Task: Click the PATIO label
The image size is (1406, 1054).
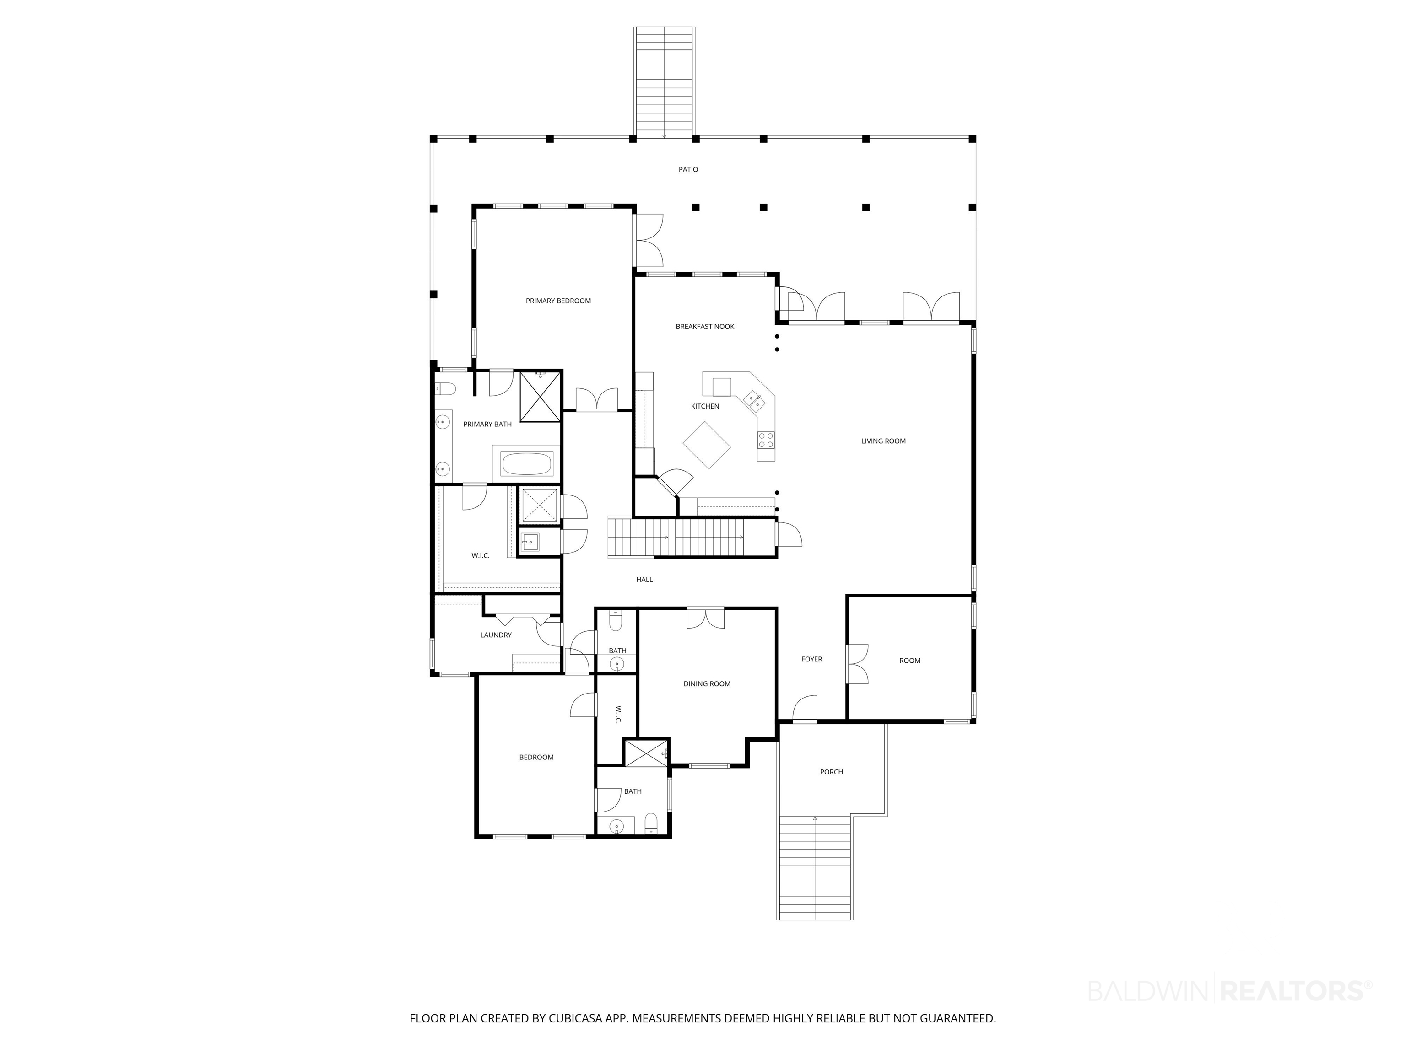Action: pos(688,170)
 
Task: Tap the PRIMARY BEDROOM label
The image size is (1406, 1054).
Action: pos(558,301)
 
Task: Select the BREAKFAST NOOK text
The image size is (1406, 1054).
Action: pos(705,327)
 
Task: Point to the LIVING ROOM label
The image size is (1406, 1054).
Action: pos(883,441)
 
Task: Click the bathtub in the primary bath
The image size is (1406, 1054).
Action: pos(527,463)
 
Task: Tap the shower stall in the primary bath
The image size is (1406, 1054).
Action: pos(540,397)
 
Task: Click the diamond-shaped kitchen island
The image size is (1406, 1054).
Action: pos(707,445)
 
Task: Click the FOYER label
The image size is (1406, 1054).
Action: pos(811,660)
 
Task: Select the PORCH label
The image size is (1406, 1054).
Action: pos(832,772)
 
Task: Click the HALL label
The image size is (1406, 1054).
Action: pos(644,580)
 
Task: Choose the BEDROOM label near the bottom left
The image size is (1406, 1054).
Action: pos(536,757)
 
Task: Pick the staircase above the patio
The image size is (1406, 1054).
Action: pos(664,82)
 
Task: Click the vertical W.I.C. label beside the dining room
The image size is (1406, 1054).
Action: pos(618,715)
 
